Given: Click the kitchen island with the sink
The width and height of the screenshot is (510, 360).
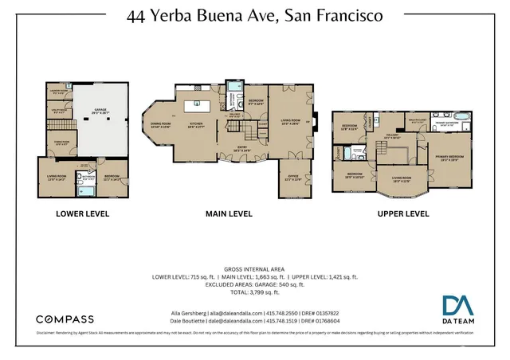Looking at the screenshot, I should [x=193, y=104].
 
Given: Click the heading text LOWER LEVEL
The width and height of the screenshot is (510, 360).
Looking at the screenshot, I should [x=82, y=213].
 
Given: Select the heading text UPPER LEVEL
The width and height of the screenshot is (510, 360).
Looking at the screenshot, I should [x=402, y=213].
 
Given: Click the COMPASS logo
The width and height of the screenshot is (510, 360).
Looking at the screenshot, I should [x=65, y=319].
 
